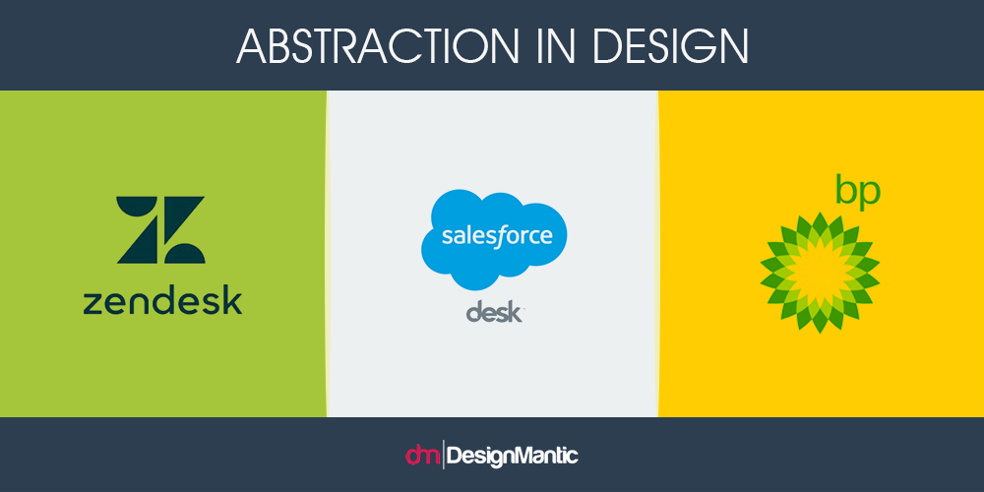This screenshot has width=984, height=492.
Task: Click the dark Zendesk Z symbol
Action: (160, 229)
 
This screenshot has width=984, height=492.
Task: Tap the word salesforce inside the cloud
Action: (497, 236)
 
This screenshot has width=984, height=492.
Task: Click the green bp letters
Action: (858, 194)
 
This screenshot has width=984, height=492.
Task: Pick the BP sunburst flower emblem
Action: (820, 273)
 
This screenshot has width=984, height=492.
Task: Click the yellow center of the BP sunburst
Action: (820, 273)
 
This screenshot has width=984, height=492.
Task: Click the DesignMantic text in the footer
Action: (512, 455)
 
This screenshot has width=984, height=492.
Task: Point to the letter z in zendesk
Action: (92, 304)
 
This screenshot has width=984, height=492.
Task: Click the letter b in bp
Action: (846, 191)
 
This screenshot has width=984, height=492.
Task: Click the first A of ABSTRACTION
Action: (251, 45)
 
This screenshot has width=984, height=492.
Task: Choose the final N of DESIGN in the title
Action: (733, 45)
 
